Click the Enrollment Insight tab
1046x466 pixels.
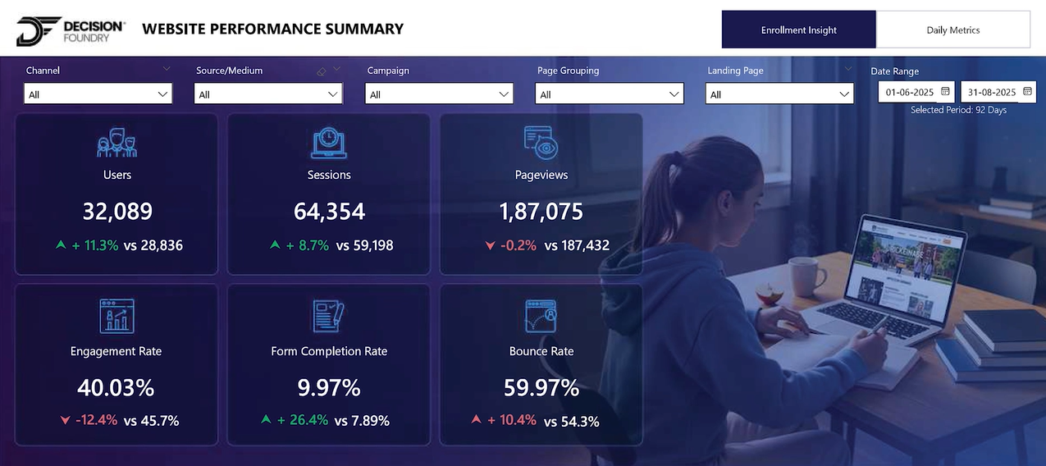[798, 30]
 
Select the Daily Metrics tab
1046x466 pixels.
[952, 30]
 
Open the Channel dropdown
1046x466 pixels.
[98, 94]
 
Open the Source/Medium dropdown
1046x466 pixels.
[268, 94]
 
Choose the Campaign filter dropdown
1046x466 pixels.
[439, 94]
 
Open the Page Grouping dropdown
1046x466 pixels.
[610, 94]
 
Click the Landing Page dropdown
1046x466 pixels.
[779, 94]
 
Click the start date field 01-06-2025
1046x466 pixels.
[916, 92]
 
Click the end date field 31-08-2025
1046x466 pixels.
[998, 92]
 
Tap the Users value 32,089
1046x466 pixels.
[117, 212]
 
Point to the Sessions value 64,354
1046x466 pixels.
[329, 212]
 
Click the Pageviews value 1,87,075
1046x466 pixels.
[541, 212]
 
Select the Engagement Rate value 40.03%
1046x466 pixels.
[116, 387]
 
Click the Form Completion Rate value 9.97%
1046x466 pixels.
[329, 387]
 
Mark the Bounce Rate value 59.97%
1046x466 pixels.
[541, 387]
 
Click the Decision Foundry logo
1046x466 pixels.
[71, 31]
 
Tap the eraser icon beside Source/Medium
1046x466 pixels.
[322, 71]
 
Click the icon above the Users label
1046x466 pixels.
[116, 142]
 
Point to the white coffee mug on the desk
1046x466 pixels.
[805, 275]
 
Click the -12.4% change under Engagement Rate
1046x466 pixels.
[97, 421]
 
